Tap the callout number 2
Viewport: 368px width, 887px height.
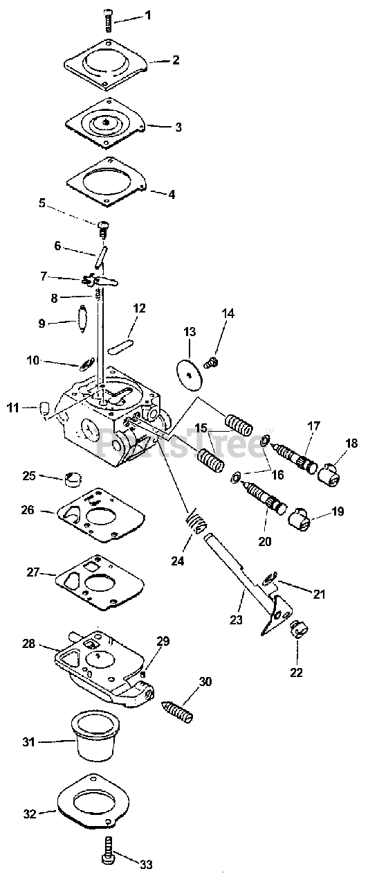176,60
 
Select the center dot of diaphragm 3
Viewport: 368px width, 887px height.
107,122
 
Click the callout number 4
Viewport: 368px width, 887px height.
171,195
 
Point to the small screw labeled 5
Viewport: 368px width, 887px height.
103,228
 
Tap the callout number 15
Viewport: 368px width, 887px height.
201,428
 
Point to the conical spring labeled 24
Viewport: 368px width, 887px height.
196,522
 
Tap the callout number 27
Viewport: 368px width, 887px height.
33,572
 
